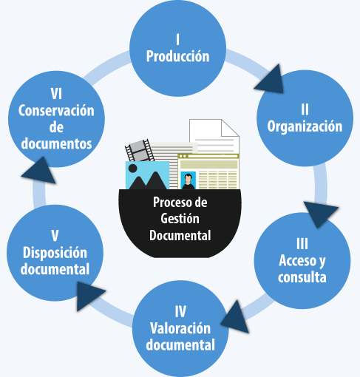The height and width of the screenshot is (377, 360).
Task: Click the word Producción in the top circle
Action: click(x=177, y=56)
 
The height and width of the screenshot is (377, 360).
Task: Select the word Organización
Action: click(x=305, y=126)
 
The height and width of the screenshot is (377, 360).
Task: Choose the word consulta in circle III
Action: click(x=302, y=278)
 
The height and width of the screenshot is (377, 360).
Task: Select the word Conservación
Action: click(x=56, y=110)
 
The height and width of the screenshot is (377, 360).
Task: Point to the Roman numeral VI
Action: click(x=56, y=94)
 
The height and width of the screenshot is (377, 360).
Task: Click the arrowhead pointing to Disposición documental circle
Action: click(x=91, y=295)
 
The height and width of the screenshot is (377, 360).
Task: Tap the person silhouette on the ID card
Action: click(x=189, y=180)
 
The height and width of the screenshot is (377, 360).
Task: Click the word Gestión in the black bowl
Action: click(x=180, y=220)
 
